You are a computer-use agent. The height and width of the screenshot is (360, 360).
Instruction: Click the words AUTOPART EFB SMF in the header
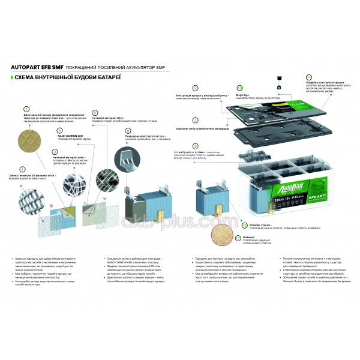click(x=34, y=67)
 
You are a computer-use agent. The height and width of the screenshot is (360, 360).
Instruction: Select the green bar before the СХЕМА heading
click(x=13, y=78)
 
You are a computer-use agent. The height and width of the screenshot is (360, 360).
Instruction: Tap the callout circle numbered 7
click(x=195, y=120)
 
